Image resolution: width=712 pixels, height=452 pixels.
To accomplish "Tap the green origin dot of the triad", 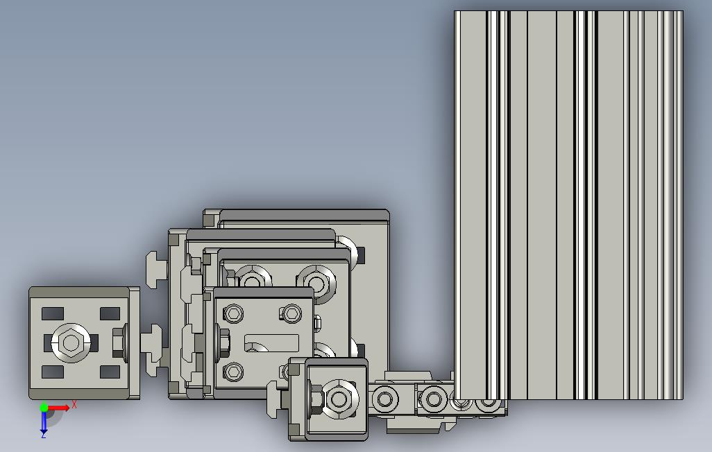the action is click(44, 407).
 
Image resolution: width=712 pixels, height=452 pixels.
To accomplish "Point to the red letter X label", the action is click(74, 404).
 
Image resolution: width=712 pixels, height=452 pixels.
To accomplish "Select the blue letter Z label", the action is click(44, 435).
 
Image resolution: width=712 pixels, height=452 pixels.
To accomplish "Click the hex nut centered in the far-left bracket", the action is click(71, 342).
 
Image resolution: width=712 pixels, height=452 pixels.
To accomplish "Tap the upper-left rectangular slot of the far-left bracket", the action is click(53, 313).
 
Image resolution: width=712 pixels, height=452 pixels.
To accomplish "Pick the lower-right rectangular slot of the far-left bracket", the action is click(110, 372).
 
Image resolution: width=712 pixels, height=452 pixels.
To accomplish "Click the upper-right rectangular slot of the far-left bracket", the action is click(110, 313).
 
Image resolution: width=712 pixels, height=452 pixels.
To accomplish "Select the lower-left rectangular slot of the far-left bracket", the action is click(53, 372).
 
